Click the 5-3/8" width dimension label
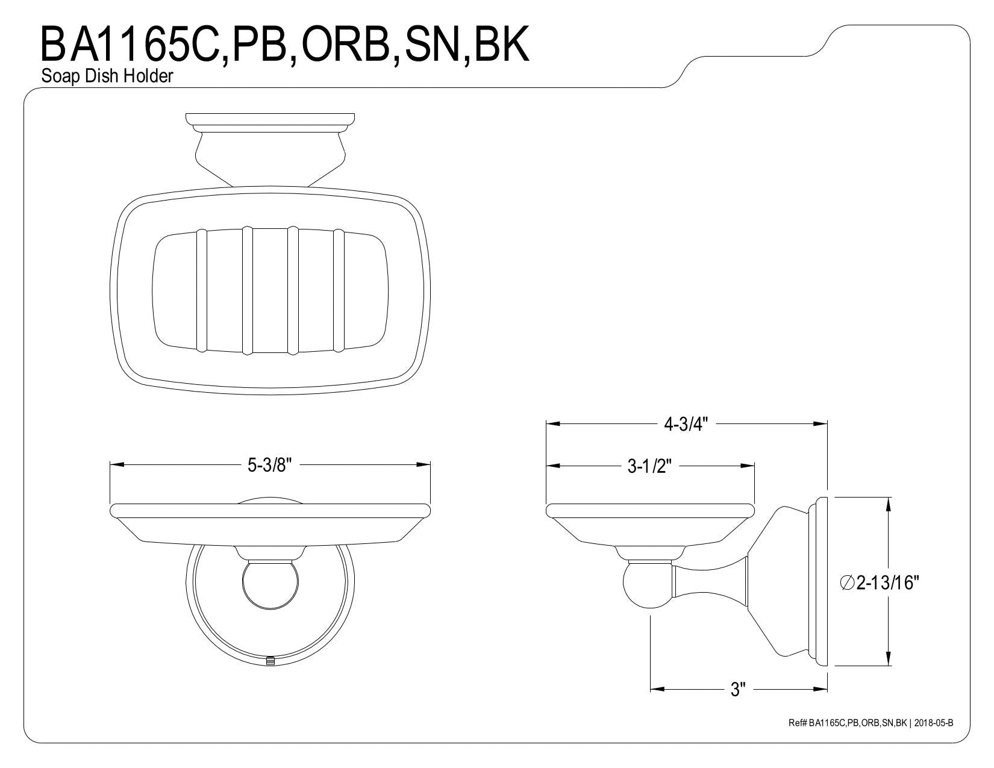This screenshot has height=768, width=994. (x=269, y=466)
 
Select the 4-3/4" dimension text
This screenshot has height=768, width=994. (x=686, y=424)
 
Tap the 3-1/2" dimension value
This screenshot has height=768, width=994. (x=649, y=466)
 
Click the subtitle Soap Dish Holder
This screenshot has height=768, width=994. (x=107, y=76)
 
